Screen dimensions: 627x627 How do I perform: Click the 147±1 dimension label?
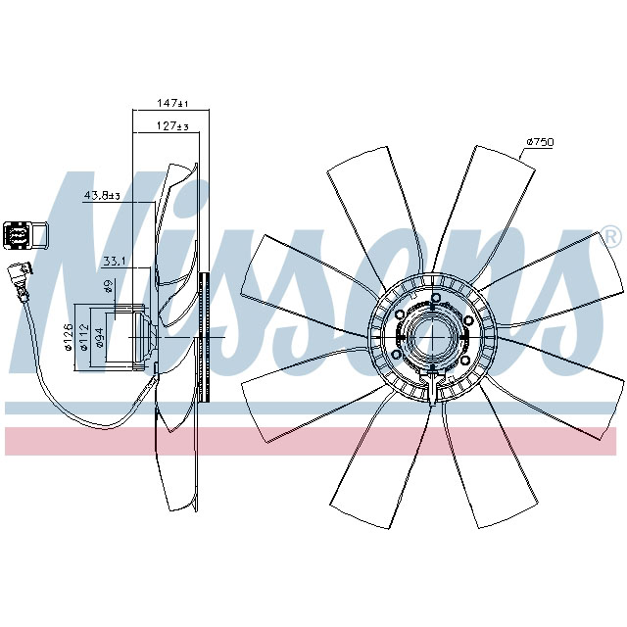(172, 103)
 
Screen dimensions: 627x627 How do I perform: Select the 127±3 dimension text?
(172, 126)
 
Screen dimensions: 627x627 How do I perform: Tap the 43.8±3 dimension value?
(102, 196)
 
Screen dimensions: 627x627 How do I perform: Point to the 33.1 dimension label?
(116, 261)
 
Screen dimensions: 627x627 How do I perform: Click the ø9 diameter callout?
(107, 287)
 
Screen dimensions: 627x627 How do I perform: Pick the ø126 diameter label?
(69, 336)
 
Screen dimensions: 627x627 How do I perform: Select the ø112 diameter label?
(84, 336)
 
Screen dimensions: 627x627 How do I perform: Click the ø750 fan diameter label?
(540, 143)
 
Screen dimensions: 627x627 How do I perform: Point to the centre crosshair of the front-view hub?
(431, 337)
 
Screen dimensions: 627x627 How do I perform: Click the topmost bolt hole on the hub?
(431, 296)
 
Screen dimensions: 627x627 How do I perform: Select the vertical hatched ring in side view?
(204, 337)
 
